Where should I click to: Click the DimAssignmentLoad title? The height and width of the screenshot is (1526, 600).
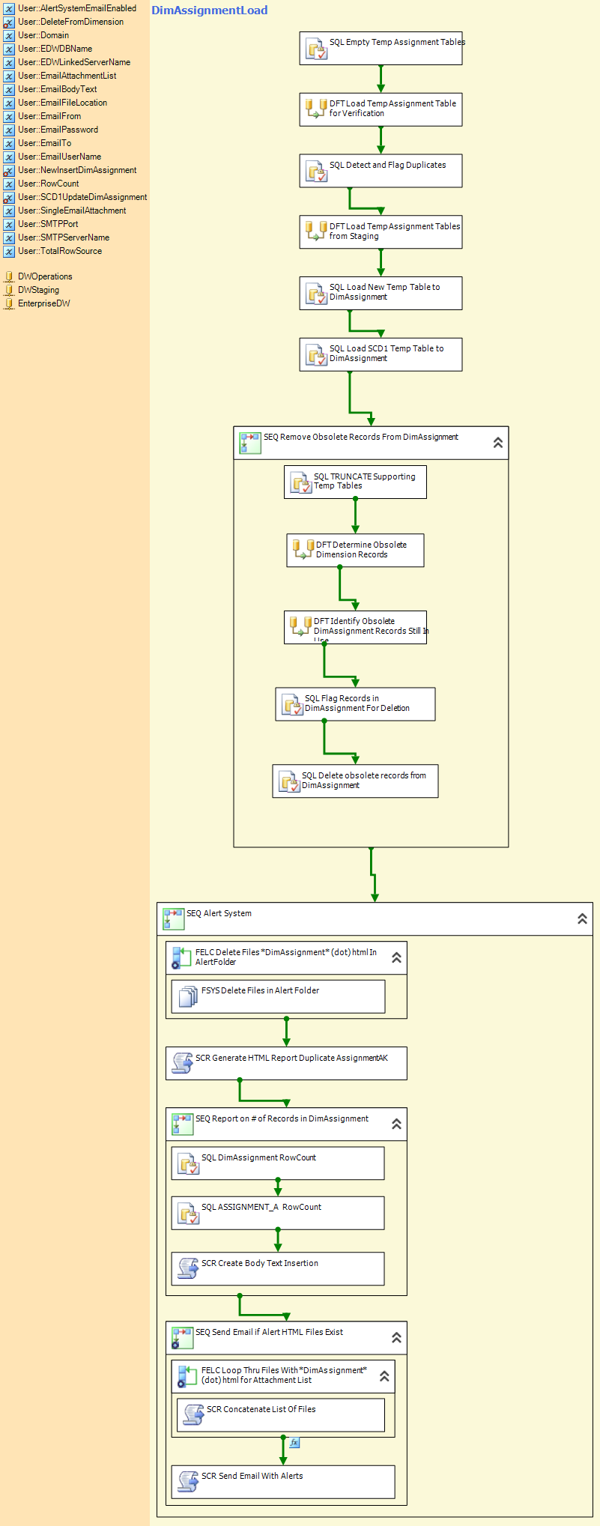click(209, 10)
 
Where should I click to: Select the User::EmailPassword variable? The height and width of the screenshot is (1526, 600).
click(58, 130)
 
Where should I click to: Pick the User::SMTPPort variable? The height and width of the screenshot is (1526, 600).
click(48, 224)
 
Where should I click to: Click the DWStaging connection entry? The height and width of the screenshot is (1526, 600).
click(38, 290)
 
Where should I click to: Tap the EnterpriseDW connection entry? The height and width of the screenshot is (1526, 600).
click(44, 303)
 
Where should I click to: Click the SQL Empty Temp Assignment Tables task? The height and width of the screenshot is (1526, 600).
click(381, 48)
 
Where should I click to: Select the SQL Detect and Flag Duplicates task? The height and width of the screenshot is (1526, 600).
click(381, 171)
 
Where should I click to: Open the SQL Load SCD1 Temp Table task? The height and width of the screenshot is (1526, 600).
click(381, 354)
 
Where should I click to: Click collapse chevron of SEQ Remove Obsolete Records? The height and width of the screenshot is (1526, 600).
click(498, 443)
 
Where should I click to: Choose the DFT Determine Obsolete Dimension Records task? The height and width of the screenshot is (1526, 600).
click(355, 550)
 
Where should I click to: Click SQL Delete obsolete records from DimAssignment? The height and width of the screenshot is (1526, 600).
click(355, 781)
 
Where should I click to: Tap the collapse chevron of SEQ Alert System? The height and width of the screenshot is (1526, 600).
click(582, 918)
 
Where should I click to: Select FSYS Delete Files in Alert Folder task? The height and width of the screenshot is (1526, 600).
click(278, 996)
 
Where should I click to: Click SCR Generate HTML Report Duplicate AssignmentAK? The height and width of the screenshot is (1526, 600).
click(286, 1063)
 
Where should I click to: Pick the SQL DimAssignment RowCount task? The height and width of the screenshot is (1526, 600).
click(278, 1163)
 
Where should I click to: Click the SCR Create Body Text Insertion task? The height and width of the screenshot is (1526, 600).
click(278, 1268)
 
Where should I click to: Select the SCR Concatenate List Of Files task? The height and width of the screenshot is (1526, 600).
click(280, 1414)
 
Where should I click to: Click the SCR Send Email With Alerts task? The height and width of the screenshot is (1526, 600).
click(283, 1482)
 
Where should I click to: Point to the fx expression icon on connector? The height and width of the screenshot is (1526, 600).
click(294, 1442)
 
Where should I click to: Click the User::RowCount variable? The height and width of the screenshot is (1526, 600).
click(49, 184)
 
